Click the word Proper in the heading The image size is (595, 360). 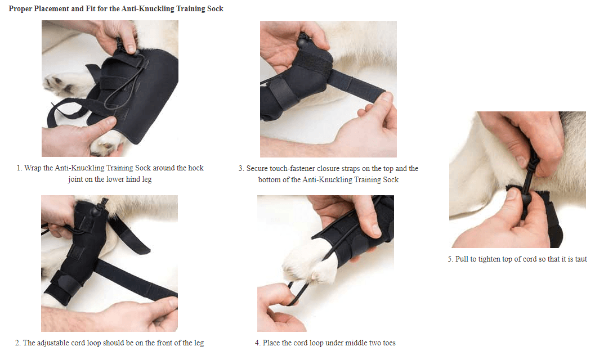click(x=21, y=8)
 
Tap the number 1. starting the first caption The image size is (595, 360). click(x=19, y=168)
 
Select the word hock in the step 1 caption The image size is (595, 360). click(x=195, y=168)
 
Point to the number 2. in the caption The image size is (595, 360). click(x=18, y=343)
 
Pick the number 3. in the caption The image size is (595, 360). click(x=241, y=169)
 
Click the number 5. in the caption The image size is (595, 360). click(x=450, y=259)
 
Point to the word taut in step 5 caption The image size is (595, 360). click(x=580, y=259)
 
